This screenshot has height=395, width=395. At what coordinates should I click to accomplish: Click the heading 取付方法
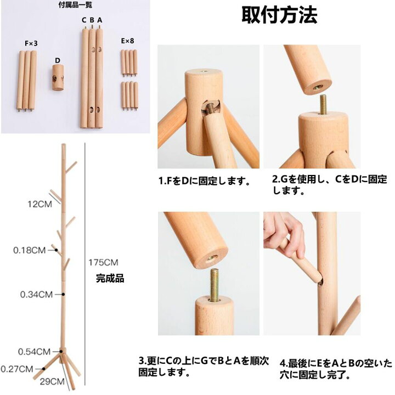click(x=279, y=15)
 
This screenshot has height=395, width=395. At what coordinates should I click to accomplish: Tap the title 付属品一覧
click(x=75, y=4)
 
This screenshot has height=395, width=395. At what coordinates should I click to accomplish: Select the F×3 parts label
click(x=31, y=43)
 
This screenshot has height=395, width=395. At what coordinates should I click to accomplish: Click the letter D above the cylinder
click(x=58, y=60)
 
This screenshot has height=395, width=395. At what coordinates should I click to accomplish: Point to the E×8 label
click(x=127, y=41)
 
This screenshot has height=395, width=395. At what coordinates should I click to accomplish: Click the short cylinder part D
click(x=58, y=77)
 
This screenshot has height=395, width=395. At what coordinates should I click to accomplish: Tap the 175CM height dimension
click(x=103, y=262)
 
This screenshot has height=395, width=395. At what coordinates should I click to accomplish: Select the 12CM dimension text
click(x=40, y=204)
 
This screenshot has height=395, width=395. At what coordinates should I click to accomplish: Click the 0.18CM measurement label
click(x=29, y=250)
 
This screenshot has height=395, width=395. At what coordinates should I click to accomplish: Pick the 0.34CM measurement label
click(x=36, y=294)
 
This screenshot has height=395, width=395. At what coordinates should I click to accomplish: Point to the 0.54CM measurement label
click(x=34, y=352)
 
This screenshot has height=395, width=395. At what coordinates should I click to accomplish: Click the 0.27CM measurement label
click(x=16, y=369)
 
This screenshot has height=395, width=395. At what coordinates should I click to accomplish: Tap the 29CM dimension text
click(x=52, y=381)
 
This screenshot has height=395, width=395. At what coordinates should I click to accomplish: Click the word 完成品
click(x=110, y=279)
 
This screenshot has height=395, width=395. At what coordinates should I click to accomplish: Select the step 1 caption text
click(x=204, y=181)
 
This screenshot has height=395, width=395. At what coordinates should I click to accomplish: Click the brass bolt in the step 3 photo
click(x=214, y=285)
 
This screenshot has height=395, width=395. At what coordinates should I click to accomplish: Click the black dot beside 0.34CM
click(x=63, y=294)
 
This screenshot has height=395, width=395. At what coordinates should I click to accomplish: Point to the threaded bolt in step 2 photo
click(x=324, y=104)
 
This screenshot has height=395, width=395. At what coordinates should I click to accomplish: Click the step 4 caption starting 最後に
click(x=336, y=369)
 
